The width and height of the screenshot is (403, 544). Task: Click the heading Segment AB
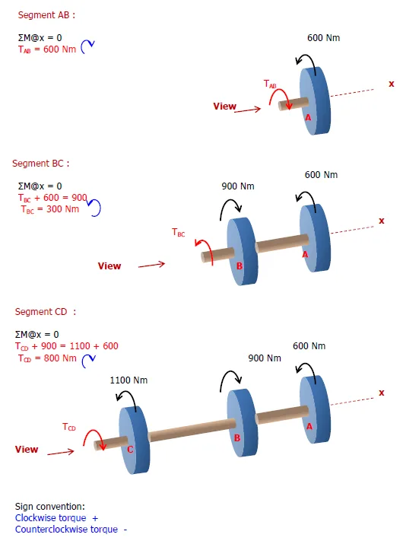coord(46,14)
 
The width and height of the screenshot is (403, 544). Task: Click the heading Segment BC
coord(40,163)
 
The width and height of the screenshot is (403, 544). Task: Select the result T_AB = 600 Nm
coord(46,48)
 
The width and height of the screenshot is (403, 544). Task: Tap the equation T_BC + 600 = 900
coord(52,197)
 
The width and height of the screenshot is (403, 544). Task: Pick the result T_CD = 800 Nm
coord(47,358)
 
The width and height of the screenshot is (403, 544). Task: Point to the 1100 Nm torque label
coord(129,380)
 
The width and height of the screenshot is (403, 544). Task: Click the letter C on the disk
coord(130,450)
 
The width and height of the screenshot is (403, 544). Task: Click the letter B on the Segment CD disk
coord(237,438)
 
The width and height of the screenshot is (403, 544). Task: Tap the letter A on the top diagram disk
coord(308,118)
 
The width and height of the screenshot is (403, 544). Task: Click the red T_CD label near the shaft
coord(69,428)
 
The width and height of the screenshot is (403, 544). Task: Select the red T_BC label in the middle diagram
coord(178,233)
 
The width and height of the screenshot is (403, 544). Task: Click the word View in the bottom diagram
coord(27,449)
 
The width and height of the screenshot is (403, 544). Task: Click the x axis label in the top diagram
coord(391,84)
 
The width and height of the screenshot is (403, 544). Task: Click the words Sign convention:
coord(49,506)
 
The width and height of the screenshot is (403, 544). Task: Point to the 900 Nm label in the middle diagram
coord(237,186)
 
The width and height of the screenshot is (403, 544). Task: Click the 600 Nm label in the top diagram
coord(323,37)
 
